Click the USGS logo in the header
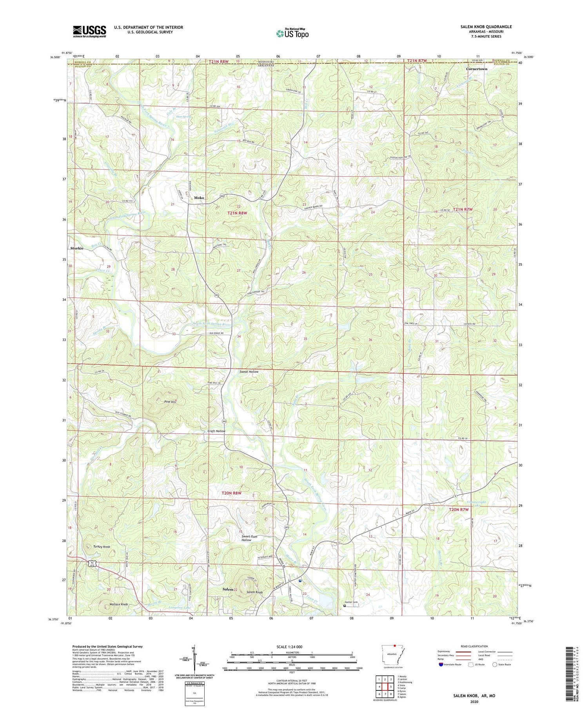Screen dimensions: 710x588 click(89, 31)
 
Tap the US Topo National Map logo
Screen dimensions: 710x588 click(292, 34)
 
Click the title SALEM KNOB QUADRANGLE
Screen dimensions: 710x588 click(486, 27)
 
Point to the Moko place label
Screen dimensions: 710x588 click(199, 198)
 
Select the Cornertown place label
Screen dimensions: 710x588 click(477, 69)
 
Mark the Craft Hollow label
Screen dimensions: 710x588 click(216, 431)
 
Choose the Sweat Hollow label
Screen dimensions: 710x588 click(249, 371)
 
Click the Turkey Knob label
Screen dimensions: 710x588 click(102, 547)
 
